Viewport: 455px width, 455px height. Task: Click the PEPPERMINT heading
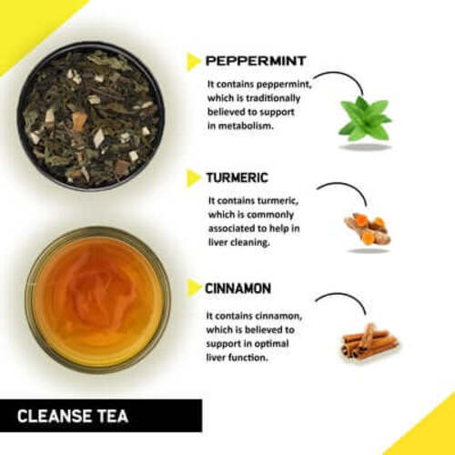tap(255, 62)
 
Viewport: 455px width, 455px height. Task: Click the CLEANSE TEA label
tap(73, 417)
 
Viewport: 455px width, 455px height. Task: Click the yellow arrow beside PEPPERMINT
tap(193, 62)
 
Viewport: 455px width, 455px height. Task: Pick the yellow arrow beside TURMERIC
tap(193, 177)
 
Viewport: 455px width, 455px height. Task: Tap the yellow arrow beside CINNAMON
tap(193, 288)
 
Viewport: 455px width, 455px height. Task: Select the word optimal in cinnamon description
tap(265, 345)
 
